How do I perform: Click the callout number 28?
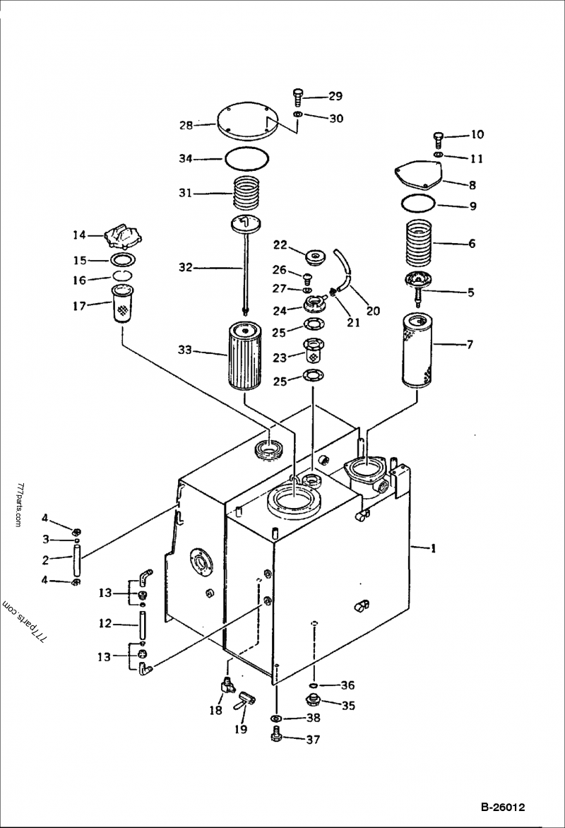pyautogui.click(x=186, y=125)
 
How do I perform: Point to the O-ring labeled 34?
pyautogui.click(x=246, y=159)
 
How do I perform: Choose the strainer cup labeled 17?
pyautogui.click(x=124, y=303)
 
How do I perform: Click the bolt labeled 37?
pyautogui.click(x=276, y=737)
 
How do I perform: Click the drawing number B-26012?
pyautogui.click(x=503, y=807)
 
